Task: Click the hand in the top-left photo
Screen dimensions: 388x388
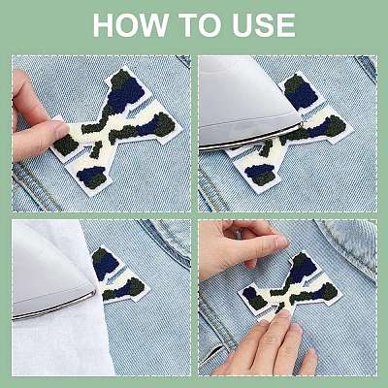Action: click(36, 119)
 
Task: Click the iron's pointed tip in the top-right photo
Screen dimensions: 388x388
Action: click(301, 123)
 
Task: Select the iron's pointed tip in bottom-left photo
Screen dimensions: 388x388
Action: click(95, 292)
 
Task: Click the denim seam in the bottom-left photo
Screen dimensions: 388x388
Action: click(167, 242)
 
